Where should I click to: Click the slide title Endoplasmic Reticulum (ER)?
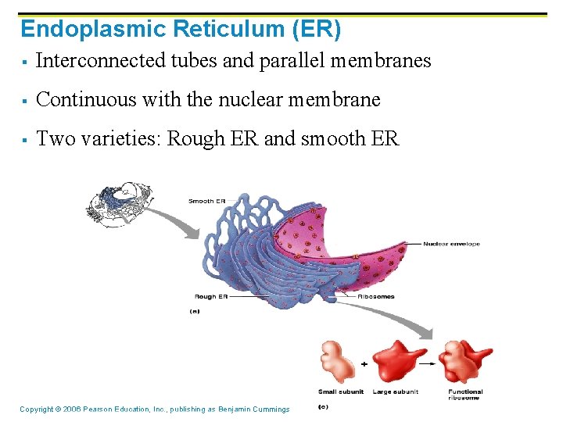[181, 29]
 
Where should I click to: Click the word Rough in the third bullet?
[194, 139]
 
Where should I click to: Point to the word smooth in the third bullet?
[333, 139]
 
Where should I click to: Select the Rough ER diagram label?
[210, 297]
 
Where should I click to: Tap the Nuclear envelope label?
[451, 244]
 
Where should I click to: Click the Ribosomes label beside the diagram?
[376, 297]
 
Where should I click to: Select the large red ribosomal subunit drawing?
[399, 361]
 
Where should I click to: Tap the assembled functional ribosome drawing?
[466, 361]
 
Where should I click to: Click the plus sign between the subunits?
[364, 364]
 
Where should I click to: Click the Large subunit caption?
[396, 392]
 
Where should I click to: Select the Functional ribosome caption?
[465, 395]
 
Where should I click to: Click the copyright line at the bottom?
[154, 409]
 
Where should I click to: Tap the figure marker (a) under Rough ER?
[195, 311]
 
